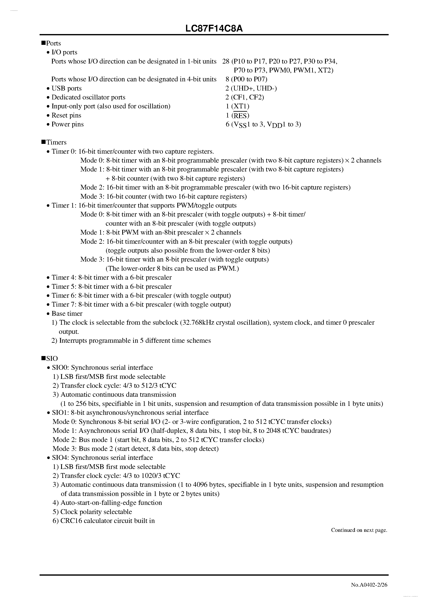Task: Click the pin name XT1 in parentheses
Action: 240,106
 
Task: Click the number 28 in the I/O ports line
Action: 226,61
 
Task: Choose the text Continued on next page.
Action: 359,530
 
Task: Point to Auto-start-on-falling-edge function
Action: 111,503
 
